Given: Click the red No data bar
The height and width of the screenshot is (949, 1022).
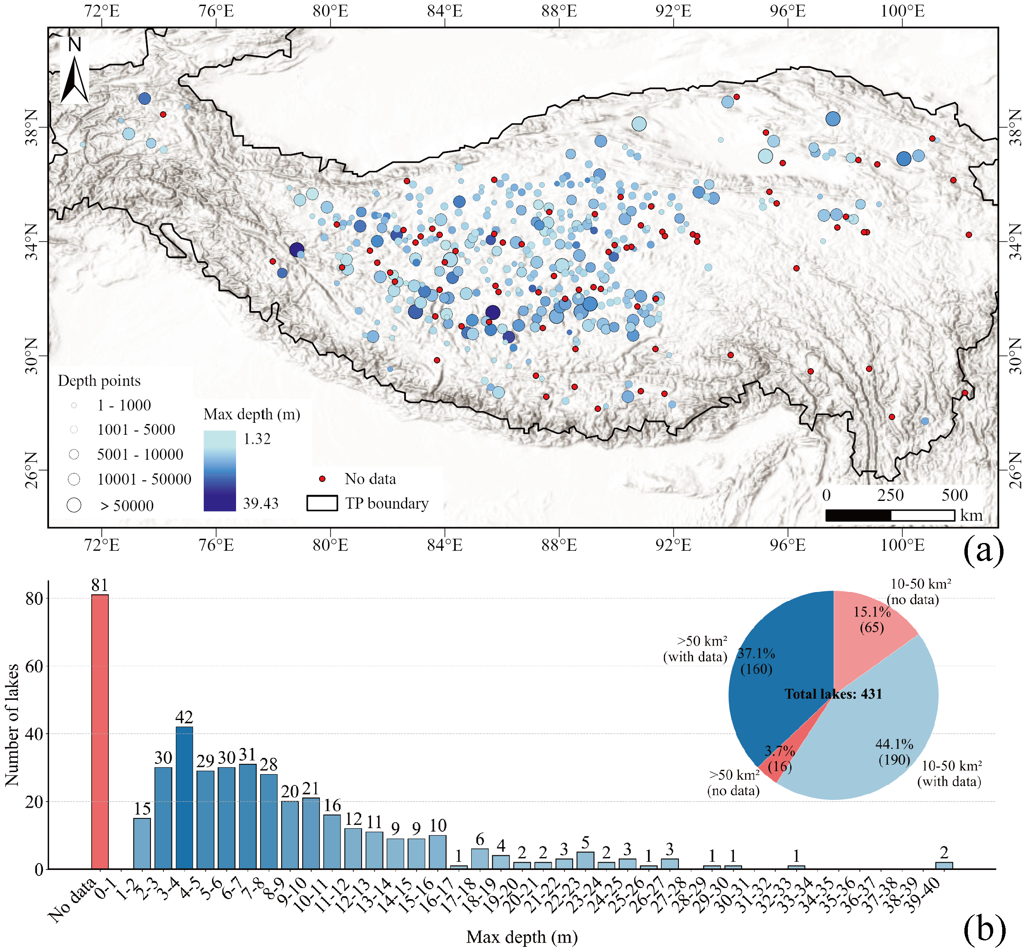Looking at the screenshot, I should pos(100,731).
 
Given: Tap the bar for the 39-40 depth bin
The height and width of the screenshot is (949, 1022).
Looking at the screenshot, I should pos(943,865).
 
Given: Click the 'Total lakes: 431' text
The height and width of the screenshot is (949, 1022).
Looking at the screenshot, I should pos(833,694).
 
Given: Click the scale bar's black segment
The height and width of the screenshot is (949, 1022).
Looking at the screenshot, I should pos(858,515).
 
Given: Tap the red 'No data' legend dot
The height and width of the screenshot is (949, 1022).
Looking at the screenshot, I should pos(322,479).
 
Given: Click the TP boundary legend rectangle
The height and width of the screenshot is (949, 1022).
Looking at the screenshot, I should pos(322,503).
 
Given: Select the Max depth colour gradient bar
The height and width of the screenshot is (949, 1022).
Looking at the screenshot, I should pos(219,470).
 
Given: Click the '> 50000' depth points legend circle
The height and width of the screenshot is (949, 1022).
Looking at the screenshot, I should pos(74,505).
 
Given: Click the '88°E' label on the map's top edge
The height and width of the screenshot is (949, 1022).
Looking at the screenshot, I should pos(559,11).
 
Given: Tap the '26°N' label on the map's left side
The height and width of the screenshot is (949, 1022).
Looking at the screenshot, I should pos(32,470).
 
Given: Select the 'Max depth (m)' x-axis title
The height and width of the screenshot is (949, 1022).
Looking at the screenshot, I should pos(522,937).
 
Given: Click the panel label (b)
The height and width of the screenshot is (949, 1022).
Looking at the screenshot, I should pos(983,928).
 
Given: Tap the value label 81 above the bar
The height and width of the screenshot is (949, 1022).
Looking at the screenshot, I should pos(100,585).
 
